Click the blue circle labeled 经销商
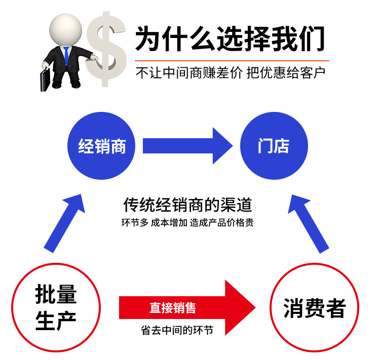[x=102, y=147]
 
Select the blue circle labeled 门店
[x=274, y=147]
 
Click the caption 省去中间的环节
[x=177, y=331]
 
